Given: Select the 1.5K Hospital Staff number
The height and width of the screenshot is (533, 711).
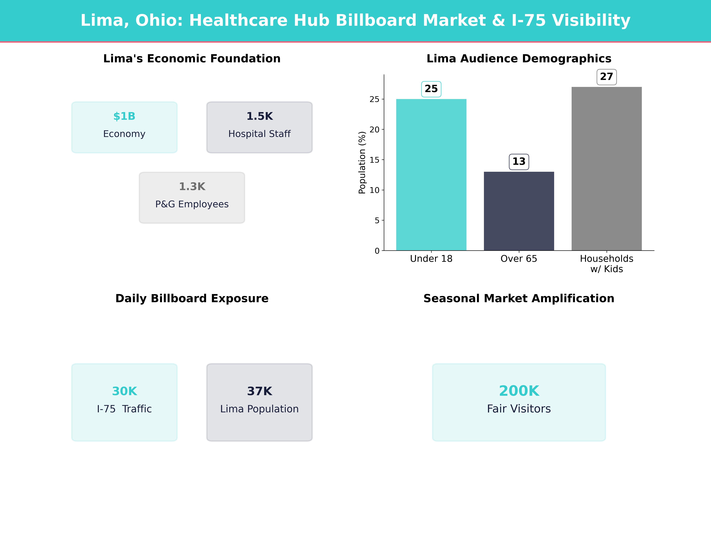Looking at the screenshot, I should [x=259, y=116].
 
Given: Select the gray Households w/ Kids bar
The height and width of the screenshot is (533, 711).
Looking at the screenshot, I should [x=607, y=169].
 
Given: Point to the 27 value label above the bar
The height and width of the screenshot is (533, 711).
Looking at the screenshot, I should [x=607, y=77].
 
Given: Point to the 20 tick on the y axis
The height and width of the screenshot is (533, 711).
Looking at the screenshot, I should [x=374, y=130].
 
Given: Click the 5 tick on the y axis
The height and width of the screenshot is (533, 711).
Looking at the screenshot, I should [x=377, y=220].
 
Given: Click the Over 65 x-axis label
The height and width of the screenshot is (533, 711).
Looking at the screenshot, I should [x=519, y=259].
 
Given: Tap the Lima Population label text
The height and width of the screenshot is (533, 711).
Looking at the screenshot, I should [x=259, y=409].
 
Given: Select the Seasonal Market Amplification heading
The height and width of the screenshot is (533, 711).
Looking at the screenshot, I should [x=519, y=298].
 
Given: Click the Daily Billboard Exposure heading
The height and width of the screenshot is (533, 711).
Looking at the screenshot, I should [x=192, y=298].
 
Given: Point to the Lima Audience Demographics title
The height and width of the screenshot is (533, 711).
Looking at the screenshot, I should [x=519, y=59].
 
